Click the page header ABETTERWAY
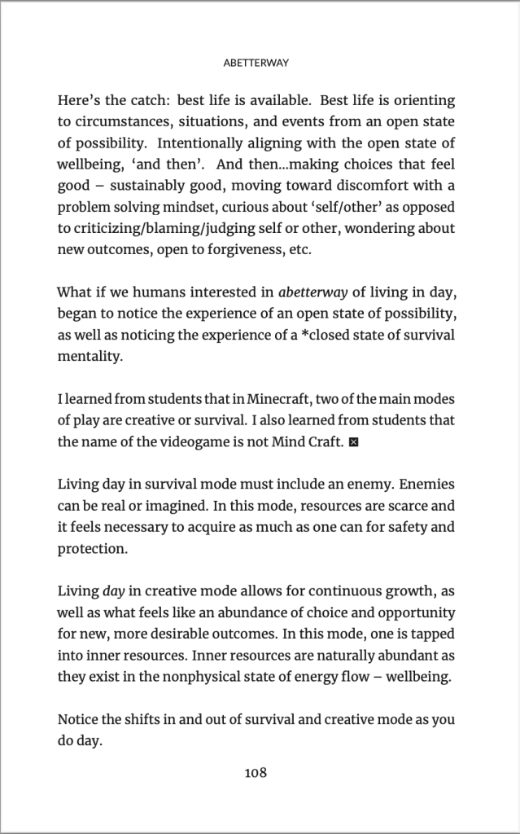(260, 60)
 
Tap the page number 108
(256, 773)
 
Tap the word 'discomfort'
(363, 186)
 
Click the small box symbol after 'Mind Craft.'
(352, 442)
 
